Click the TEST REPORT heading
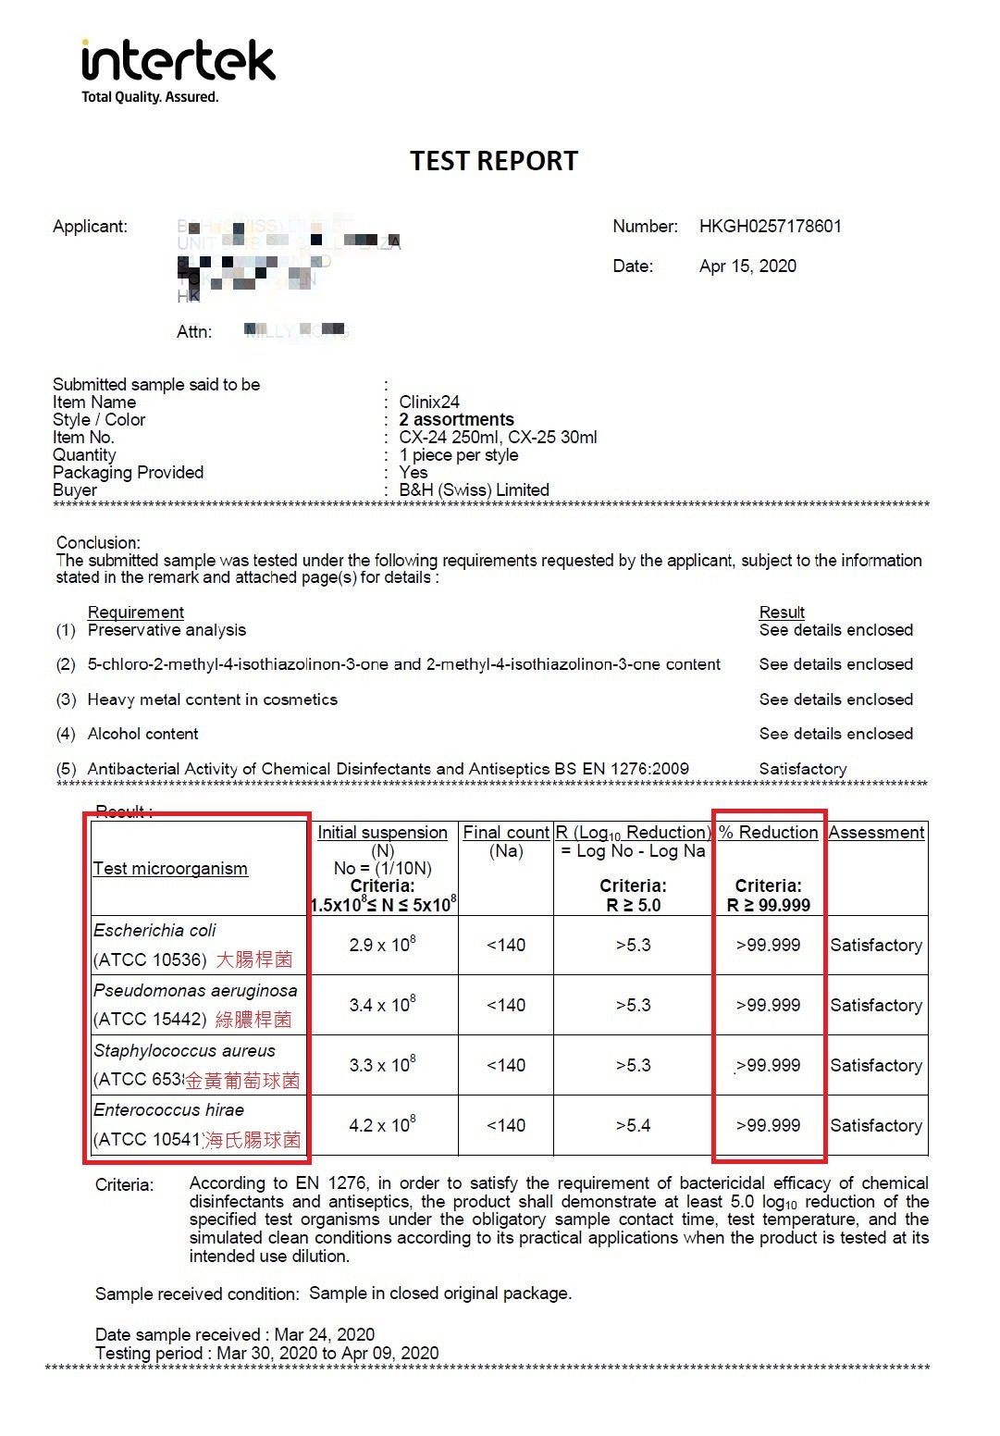pyautogui.click(x=494, y=161)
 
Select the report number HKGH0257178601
pyautogui.click(x=770, y=227)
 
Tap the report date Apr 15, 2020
pyautogui.click(x=747, y=266)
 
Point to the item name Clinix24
pyautogui.click(x=429, y=402)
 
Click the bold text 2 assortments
pyautogui.click(x=456, y=419)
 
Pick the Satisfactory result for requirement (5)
pyautogui.click(x=802, y=769)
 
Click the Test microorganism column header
pyautogui.click(x=170, y=869)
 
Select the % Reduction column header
pyautogui.click(x=768, y=833)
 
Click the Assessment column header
pyautogui.click(x=876, y=833)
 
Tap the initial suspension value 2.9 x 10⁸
pyautogui.click(x=382, y=945)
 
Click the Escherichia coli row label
pyautogui.click(x=154, y=931)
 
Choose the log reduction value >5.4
pyautogui.click(x=633, y=1126)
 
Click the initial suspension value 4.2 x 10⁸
pyautogui.click(x=382, y=1125)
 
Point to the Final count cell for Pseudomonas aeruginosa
pyautogui.click(x=506, y=1006)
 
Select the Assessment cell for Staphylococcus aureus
pyautogui.click(x=876, y=1066)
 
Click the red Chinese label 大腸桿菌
pyautogui.click(x=254, y=959)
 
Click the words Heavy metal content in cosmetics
pyautogui.click(x=212, y=699)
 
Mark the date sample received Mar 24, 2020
pyautogui.click(x=324, y=1334)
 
